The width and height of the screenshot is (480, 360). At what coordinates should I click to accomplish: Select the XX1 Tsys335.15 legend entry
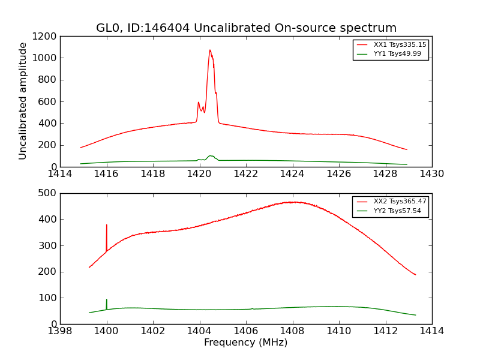pos(391,44)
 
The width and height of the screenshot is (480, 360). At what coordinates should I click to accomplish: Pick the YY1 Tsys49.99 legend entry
pos(391,54)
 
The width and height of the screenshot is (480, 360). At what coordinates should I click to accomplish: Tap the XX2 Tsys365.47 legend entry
pos(391,202)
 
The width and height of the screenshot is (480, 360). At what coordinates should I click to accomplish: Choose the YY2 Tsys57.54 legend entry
pos(391,211)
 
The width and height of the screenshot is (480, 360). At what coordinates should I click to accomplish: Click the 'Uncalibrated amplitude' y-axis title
pos(23,101)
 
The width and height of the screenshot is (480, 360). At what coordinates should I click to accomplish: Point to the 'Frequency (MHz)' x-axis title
pos(245,343)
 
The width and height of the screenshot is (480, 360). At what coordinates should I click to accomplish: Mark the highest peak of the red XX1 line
pos(210,50)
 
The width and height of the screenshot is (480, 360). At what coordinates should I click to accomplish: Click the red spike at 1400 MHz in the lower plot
pos(107,226)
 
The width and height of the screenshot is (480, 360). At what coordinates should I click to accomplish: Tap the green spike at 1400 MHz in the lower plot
pos(107,300)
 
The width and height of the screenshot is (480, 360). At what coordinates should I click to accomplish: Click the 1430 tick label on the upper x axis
pos(431,174)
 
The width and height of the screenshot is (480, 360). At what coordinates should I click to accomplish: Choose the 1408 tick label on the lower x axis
pos(292,331)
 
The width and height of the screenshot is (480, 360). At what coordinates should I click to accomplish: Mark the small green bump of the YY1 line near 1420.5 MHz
pos(210,156)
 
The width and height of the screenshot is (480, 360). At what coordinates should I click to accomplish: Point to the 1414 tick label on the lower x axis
pos(431,331)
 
